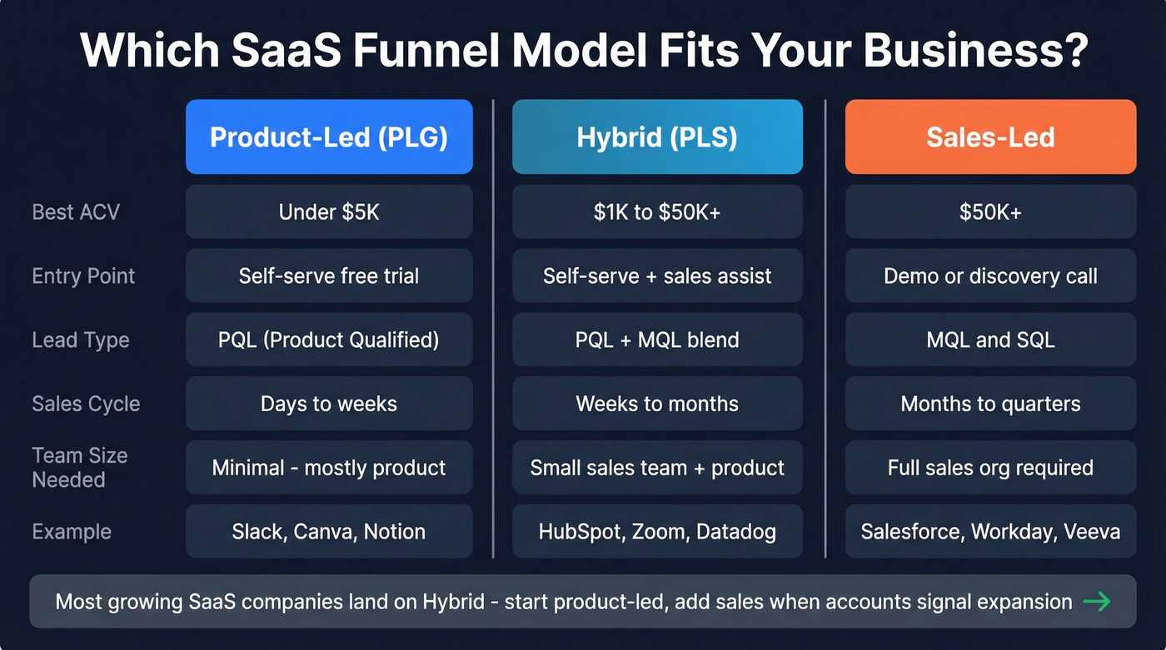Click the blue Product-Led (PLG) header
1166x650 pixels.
tap(329, 137)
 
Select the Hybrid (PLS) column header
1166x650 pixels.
tap(657, 137)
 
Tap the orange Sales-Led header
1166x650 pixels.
tap(990, 137)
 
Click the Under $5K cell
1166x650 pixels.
tap(329, 212)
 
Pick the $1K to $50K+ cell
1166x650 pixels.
tap(657, 212)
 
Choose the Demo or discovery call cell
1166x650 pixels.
tap(990, 275)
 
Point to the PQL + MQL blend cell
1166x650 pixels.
tap(657, 340)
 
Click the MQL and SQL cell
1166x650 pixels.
tap(990, 340)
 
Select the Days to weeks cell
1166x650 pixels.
tap(329, 404)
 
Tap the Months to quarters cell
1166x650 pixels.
tap(990, 404)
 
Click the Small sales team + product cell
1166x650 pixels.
tap(657, 468)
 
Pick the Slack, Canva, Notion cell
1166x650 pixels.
tap(329, 531)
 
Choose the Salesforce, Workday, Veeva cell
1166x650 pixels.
tap(990, 531)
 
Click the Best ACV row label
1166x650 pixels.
tap(76, 212)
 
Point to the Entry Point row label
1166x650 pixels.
tap(83, 275)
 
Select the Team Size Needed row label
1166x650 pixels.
tap(80, 468)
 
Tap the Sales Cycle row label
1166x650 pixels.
tap(86, 404)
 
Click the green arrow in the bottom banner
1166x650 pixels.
tap(1097, 601)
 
